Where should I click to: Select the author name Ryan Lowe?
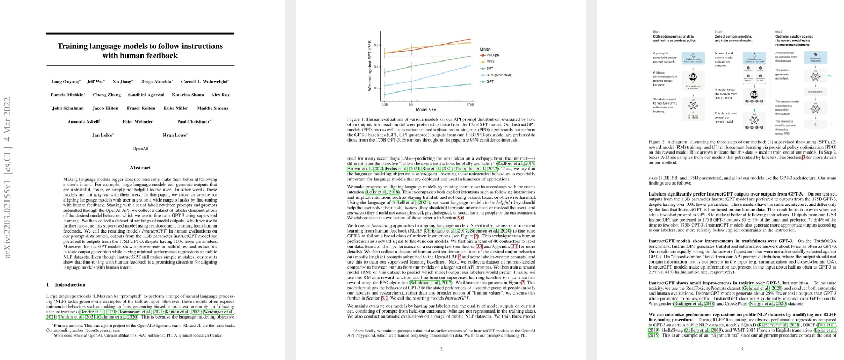click(174, 135)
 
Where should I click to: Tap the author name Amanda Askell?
click(81, 121)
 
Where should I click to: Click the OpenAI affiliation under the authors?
click(140, 148)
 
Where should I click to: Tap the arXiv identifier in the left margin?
click(9, 180)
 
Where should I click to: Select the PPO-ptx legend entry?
click(493, 56)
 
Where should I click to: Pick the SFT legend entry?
click(490, 68)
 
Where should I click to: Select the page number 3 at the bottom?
click(743, 349)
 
